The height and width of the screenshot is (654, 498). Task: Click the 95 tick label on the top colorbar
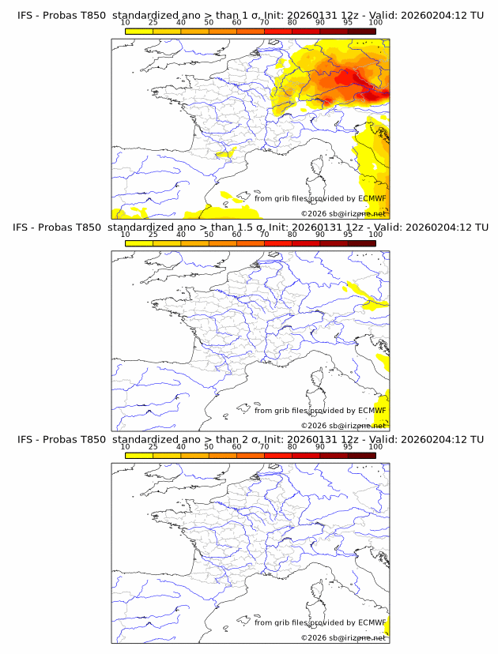[x=348, y=22]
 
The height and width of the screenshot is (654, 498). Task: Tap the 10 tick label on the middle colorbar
[x=125, y=234]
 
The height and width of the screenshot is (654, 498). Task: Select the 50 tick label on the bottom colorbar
[x=209, y=446]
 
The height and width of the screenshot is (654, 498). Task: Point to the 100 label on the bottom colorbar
[x=375, y=446]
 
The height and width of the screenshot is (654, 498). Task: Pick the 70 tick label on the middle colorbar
[x=264, y=234]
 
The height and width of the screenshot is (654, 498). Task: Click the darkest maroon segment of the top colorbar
[x=362, y=31]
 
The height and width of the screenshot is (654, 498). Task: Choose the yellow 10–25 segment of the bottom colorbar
[x=139, y=455]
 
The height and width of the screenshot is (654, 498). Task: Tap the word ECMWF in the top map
[x=372, y=198]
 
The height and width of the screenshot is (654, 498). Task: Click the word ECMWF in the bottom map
[x=372, y=622]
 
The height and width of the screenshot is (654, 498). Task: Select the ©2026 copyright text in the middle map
[x=314, y=426]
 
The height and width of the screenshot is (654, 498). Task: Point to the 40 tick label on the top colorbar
[x=181, y=22]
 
